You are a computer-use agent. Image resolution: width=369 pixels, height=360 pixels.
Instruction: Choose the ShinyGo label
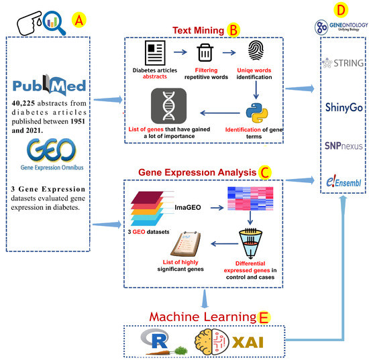[344, 108]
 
